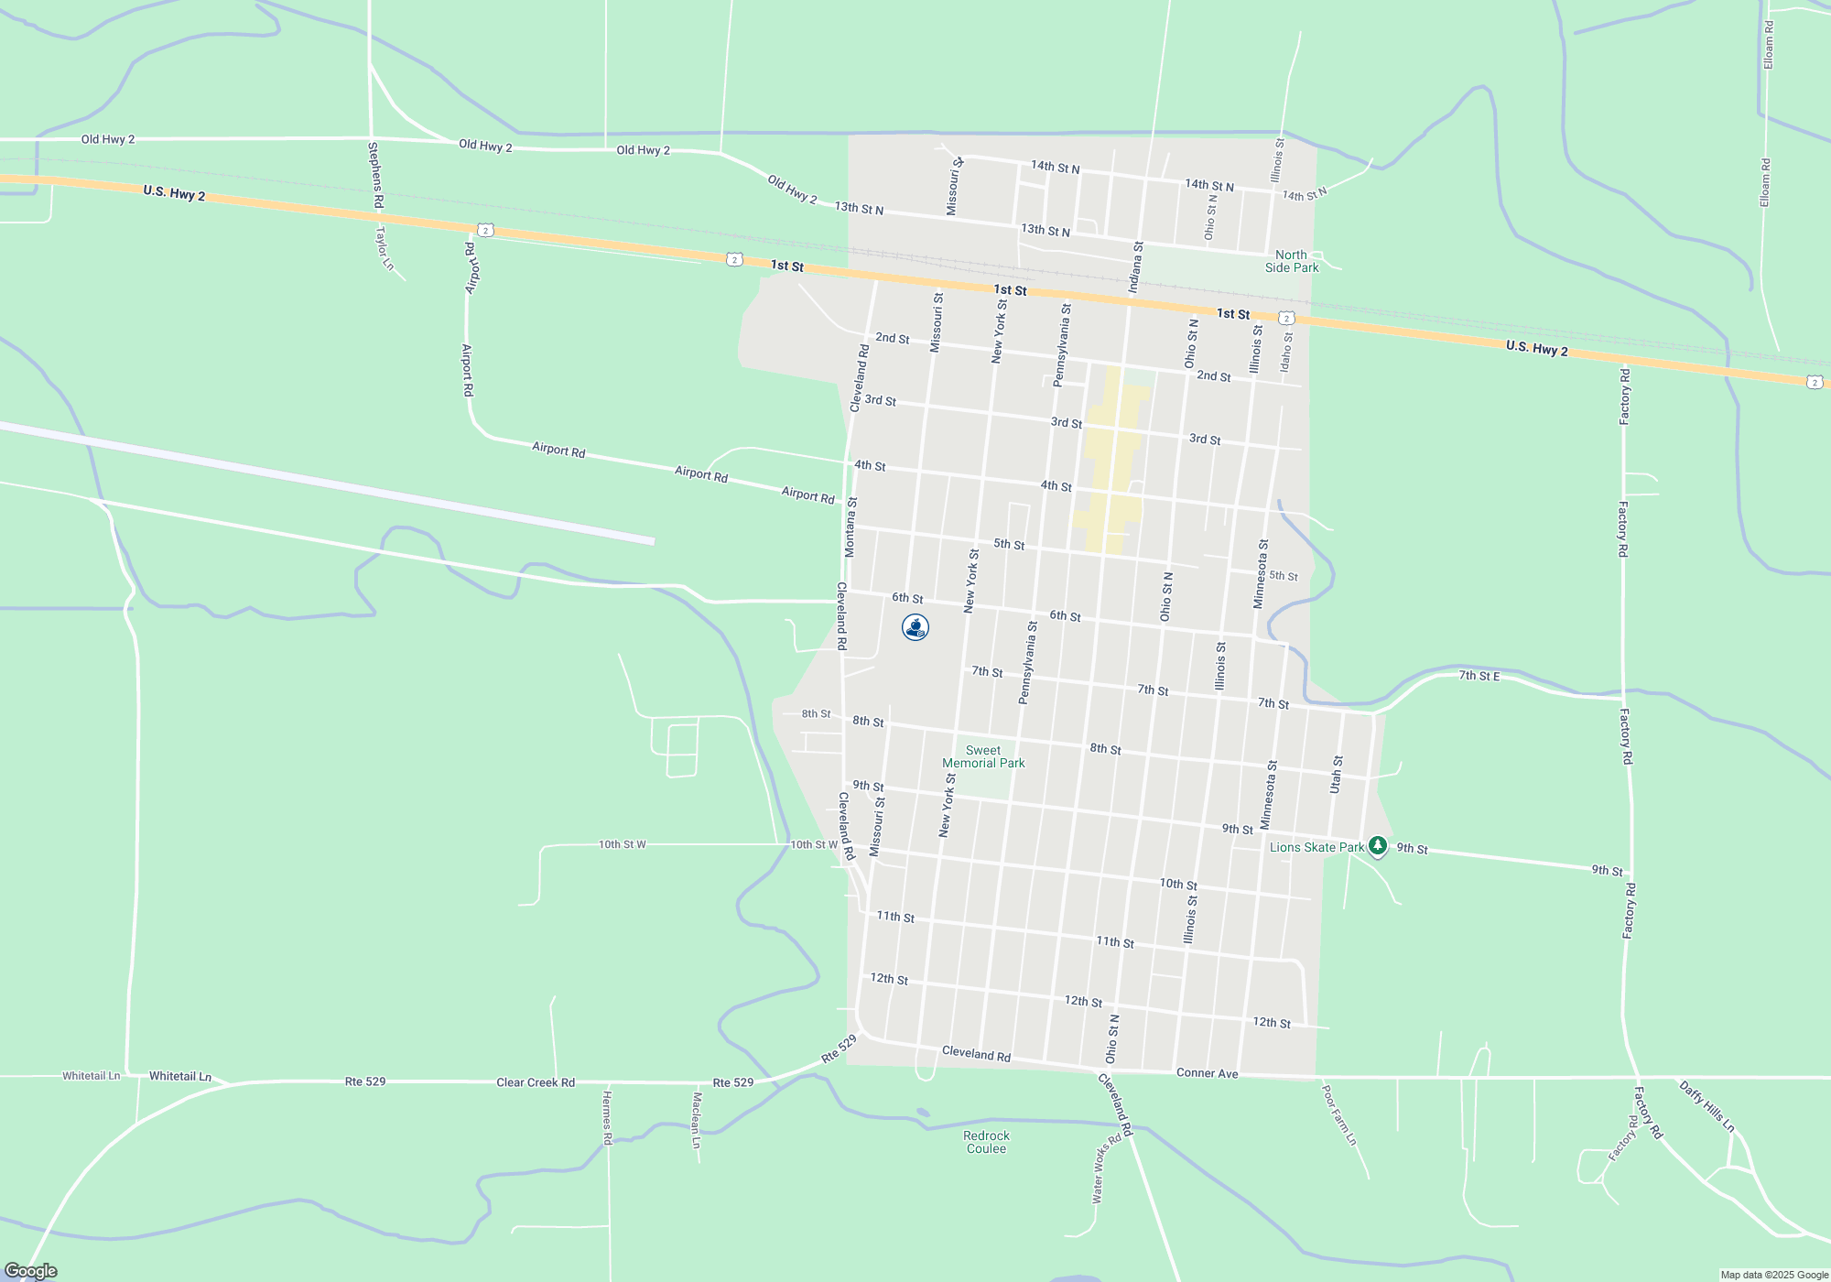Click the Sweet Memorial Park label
[x=983, y=756]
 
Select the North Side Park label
[x=1292, y=262]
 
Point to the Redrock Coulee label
[x=986, y=1142]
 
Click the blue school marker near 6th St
[x=915, y=627]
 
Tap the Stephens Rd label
[x=374, y=175]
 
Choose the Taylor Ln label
[x=385, y=248]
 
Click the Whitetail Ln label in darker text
[x=180, y=1076]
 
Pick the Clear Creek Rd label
[x=536, y=1082]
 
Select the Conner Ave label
[x=1207, y=1073]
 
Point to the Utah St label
[x=1337, y=775]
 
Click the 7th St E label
[x=1479, y=676]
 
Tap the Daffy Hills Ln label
[x=1707, y=1106]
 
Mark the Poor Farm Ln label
[x=1339, y=1115]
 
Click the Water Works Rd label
[x=1105, y=1169]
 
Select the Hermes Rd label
[x=607, y=1117]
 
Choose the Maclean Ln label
[x=696, y=1120]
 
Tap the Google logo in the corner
[x=30, y=1271]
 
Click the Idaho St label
[x=1286, y=352]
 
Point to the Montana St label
[x=850, y=527]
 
